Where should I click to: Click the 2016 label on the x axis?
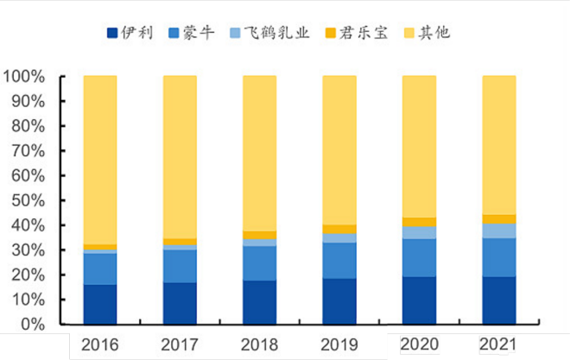(100, 344)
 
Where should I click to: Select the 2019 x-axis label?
(339, 344)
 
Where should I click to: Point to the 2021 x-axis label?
(498, 344)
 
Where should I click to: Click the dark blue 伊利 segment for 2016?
(100, 305)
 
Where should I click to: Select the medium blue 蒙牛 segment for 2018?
(259, 263)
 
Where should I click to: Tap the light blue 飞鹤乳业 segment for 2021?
(498, 231)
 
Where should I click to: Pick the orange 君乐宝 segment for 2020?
(419, 222)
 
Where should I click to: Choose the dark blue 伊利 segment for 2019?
(339, 301)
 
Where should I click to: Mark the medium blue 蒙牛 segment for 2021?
(498, 257)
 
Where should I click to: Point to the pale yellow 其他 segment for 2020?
(419, 147)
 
